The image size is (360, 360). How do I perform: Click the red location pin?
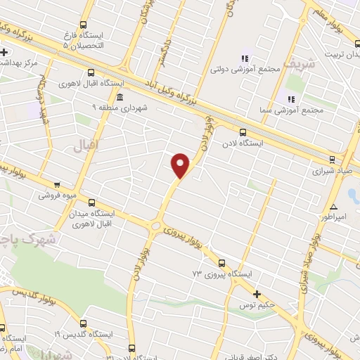pos(181,164)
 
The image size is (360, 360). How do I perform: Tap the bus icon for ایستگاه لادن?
pos(243,131)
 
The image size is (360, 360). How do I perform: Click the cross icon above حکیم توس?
pos(257,294)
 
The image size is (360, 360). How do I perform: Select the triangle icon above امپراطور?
pos(334,207)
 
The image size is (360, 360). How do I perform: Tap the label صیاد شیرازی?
pos(333,170)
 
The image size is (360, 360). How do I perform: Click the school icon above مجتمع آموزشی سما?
pos(291,99)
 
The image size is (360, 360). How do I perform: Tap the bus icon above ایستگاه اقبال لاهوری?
pos(91,72)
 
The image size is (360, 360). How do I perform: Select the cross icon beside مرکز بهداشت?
pos(4,52)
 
